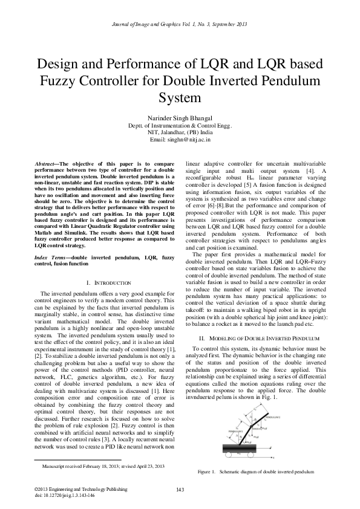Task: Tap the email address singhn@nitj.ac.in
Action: pos(180,139)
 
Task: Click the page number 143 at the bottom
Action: pos(180,488)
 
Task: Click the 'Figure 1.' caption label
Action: pos(207,471)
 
